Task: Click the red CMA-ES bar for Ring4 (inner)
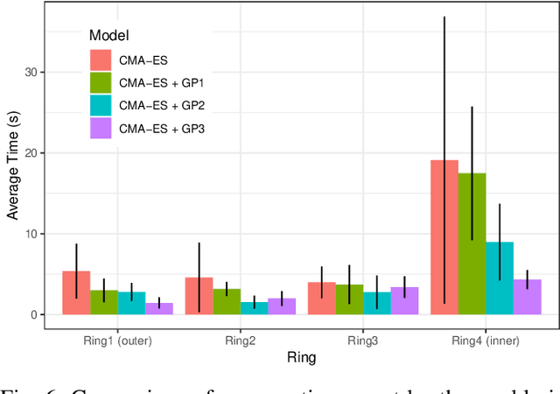pyautogui.click(x=444, y=237)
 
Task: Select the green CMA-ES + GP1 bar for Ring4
pyautogui.click(x=472, y=244)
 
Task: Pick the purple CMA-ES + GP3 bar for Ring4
pyautogui.click(x=527, y=298)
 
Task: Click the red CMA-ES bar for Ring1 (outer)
pyautogui.click(x=76, y=293)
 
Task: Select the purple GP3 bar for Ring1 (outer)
pyautogui.click(x=158, y=309)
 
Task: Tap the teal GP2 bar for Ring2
pyautogui.click(x=254, y=308)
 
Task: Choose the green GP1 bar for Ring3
pyautogui.click(x=349, y=299)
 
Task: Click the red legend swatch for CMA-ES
pyautogui.click(x=101, y=60)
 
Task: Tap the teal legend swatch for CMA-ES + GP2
pyautogui.click(x=101, y=106)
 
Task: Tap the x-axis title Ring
pyautogui.click(x=302, y=357)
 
